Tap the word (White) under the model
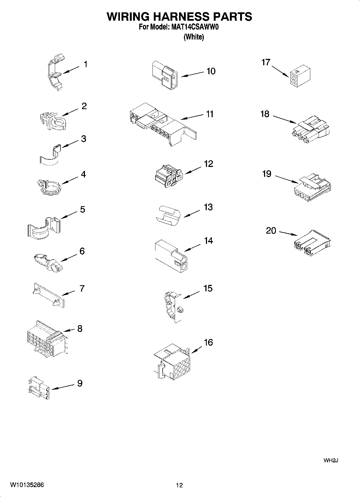[x=194, y=37]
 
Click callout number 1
[x=85, y=64]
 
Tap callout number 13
[x=208, y=207]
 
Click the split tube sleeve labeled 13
[x=168, y=214]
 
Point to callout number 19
[x=266, y=174]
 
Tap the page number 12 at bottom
[x=179, y=485]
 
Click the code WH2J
[x=330, y=460]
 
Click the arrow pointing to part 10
[x=193, y=74]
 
